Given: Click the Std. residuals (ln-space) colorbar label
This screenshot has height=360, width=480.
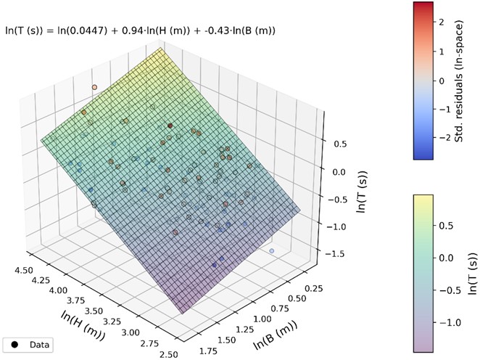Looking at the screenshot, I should coord(460,80).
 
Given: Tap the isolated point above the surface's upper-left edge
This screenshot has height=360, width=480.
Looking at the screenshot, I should coord(94,87).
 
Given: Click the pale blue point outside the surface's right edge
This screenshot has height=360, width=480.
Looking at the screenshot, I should coord(272,251).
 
